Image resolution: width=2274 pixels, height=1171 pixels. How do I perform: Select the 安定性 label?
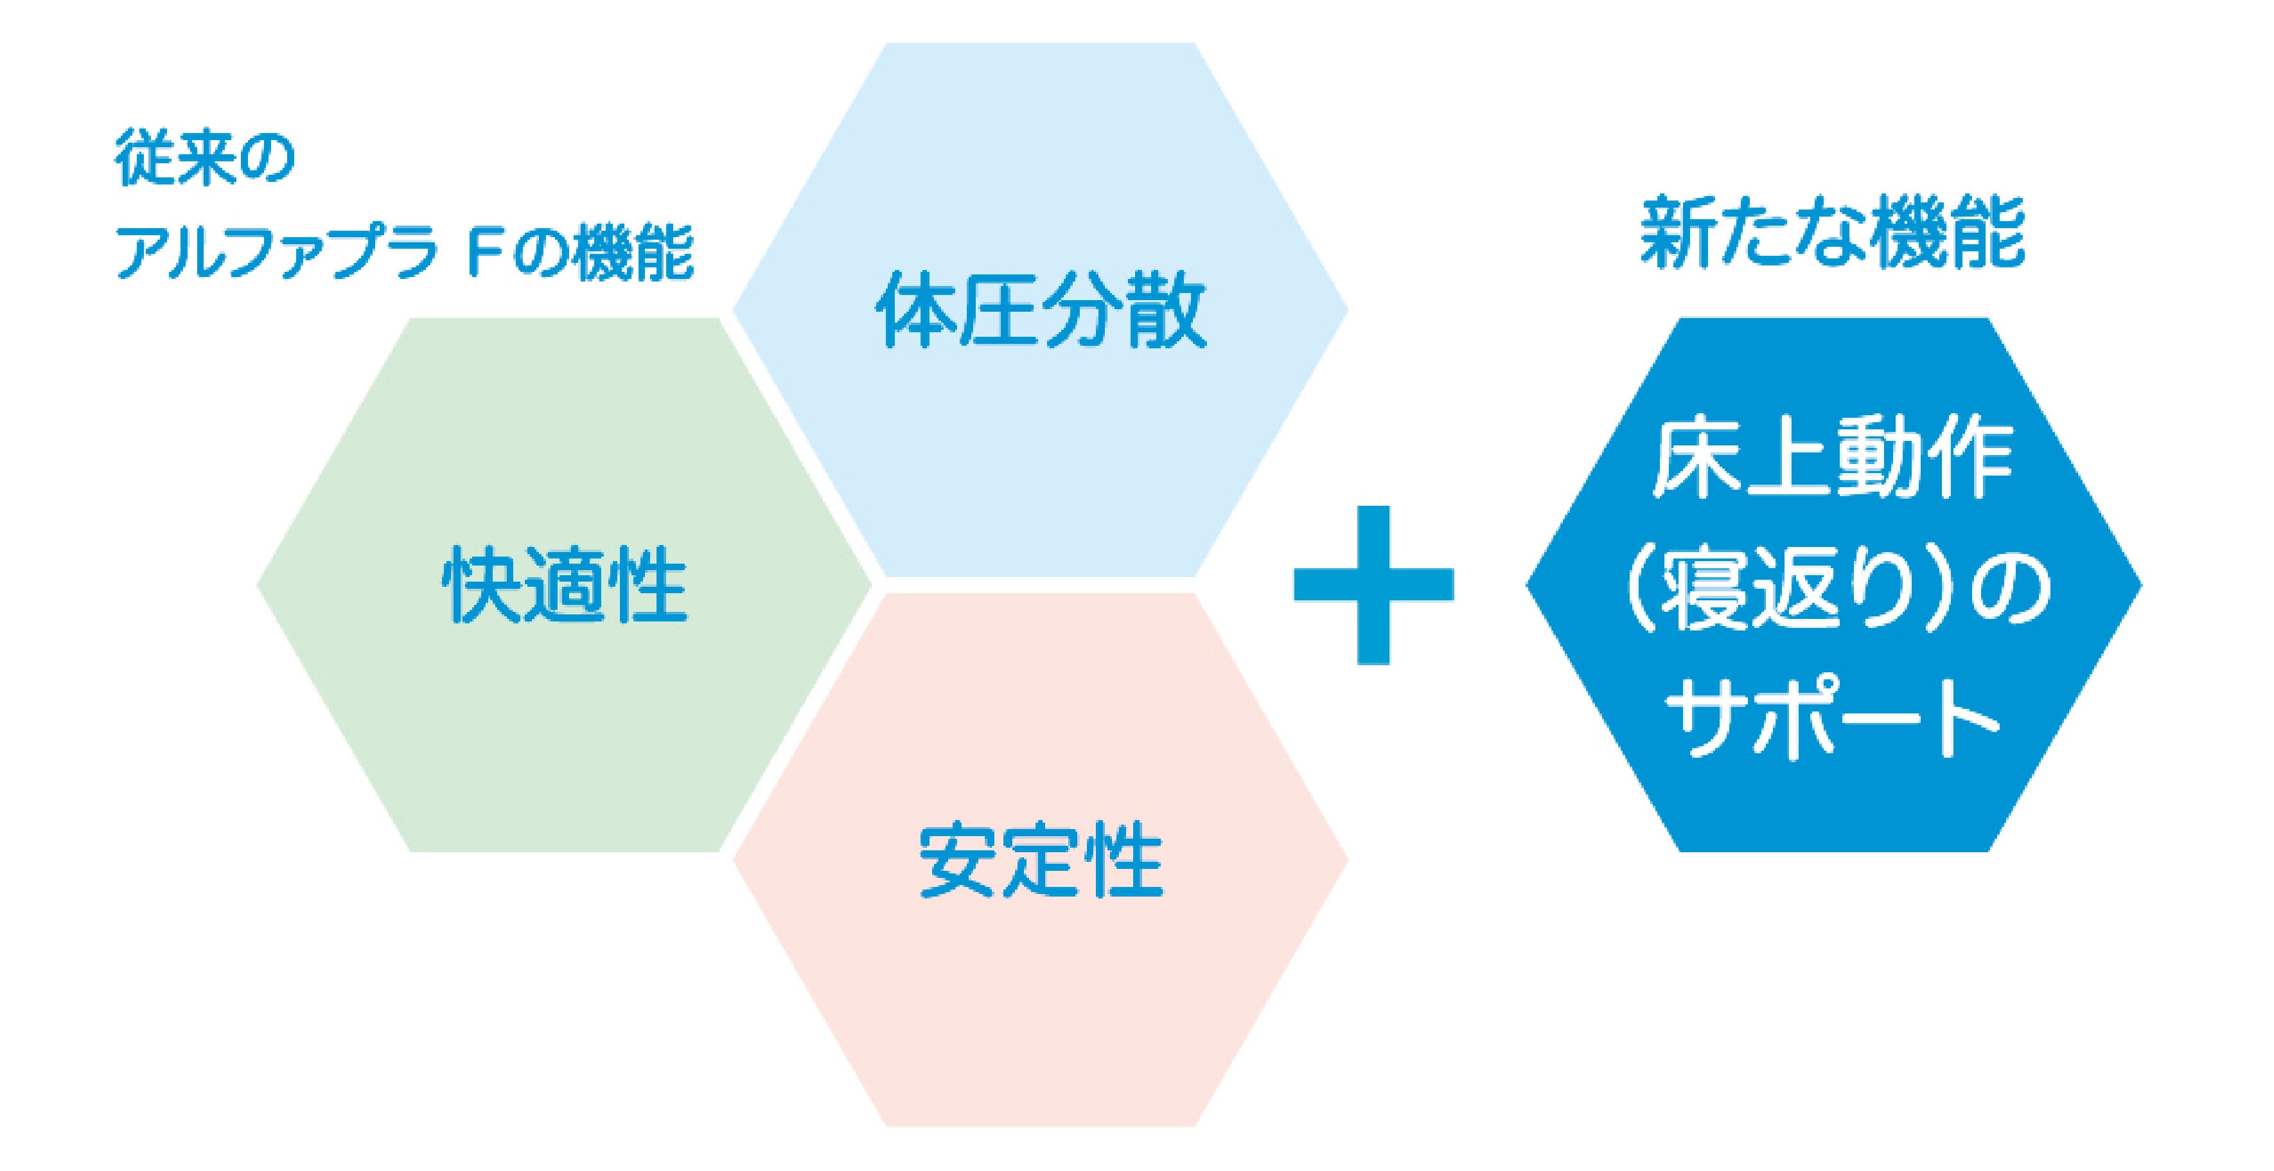point(1040,860)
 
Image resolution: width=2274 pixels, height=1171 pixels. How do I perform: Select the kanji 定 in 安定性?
point(1040,860)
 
